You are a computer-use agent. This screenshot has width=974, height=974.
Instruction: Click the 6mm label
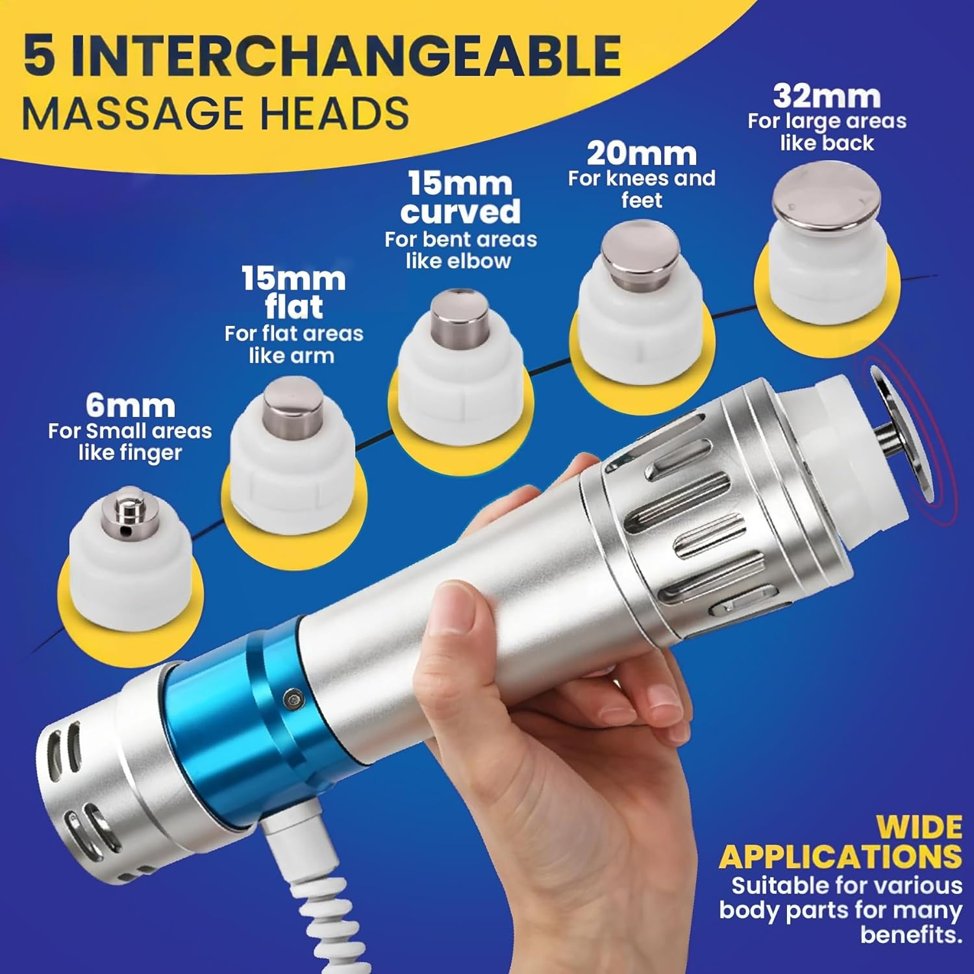[131, 406]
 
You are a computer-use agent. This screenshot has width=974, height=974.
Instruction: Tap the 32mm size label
[827, 97]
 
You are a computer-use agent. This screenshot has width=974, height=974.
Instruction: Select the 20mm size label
[642, 154]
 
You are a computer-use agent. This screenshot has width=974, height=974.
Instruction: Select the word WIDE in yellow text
[919, 828]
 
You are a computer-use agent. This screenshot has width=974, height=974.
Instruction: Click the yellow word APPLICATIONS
[840, 857]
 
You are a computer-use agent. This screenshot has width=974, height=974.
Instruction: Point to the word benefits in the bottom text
[911, 935]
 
